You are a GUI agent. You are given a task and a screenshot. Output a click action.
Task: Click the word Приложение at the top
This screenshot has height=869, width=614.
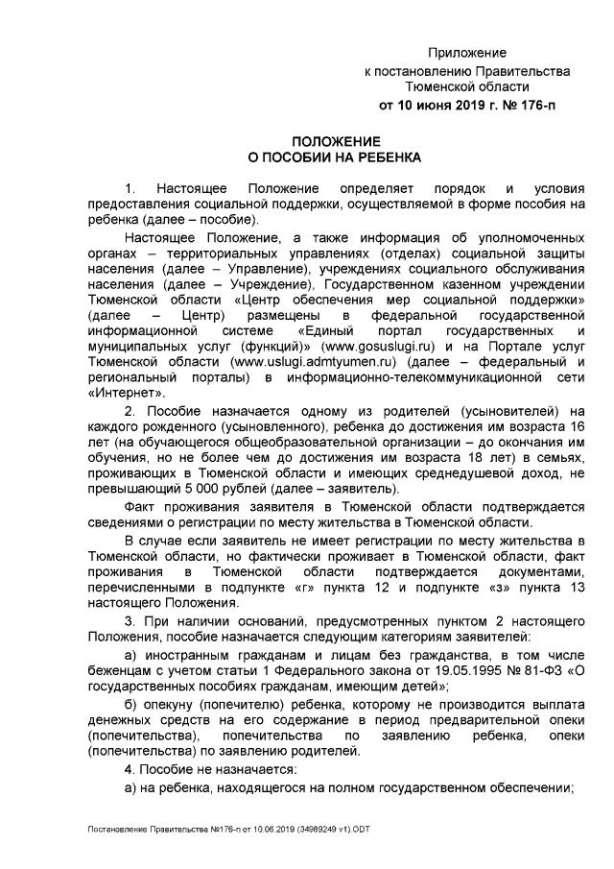coord(466,52)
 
